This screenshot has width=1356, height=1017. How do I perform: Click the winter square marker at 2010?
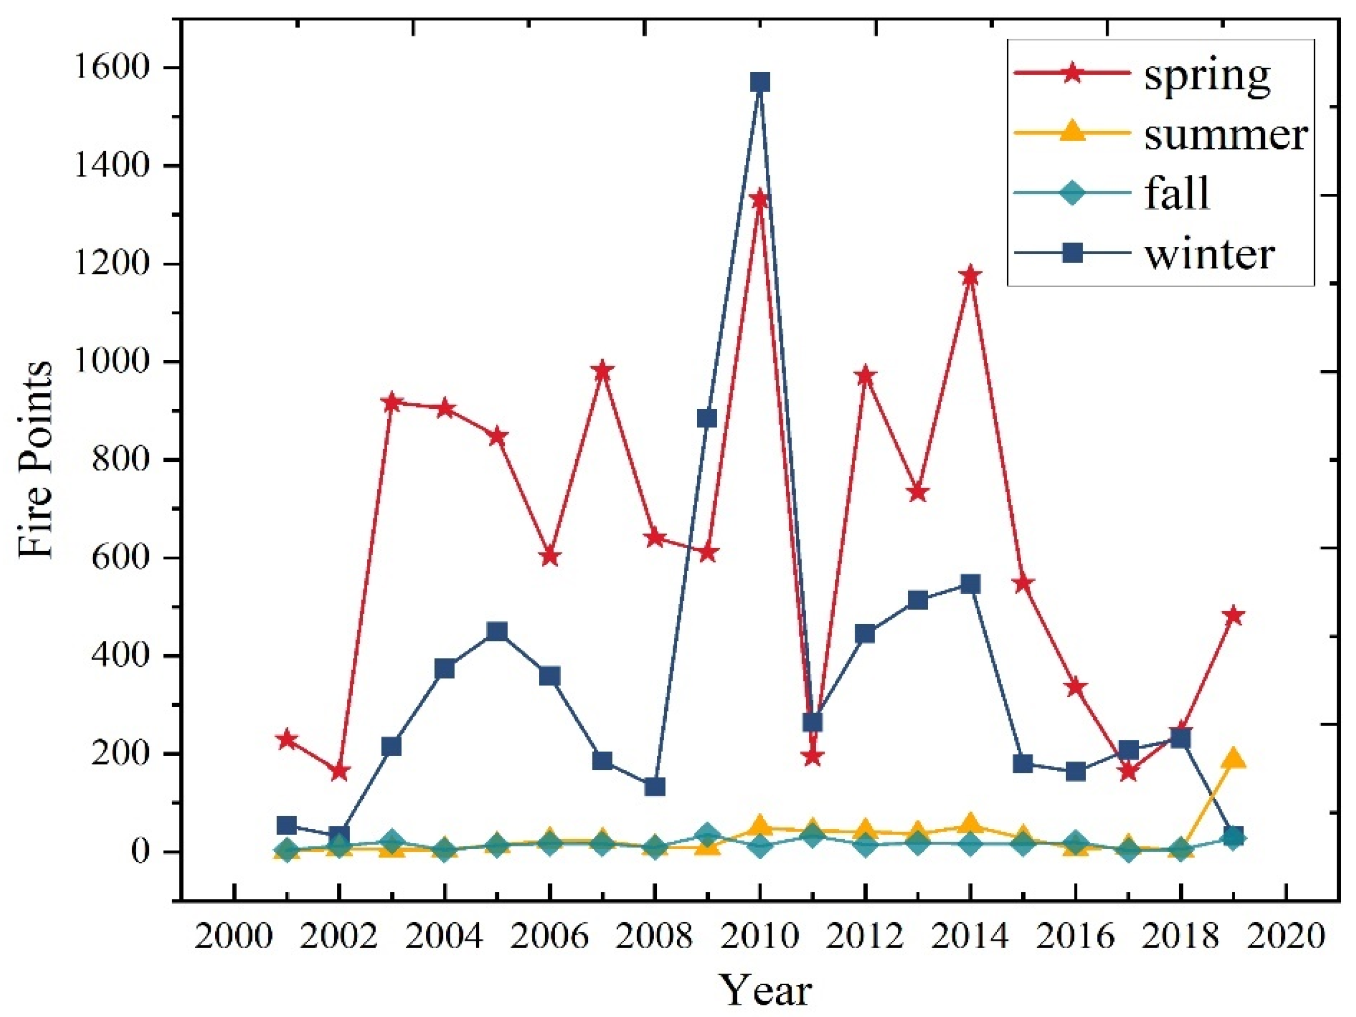pos(760,82)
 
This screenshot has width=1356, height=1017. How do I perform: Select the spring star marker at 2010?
pos(760,199)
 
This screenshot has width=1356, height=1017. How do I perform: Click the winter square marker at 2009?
pos(708,418)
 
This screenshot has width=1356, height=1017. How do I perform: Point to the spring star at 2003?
pos(392,403)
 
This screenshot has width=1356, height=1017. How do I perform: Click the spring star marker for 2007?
pos(602,370)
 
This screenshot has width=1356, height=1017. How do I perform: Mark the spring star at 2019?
pos(1234,615)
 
